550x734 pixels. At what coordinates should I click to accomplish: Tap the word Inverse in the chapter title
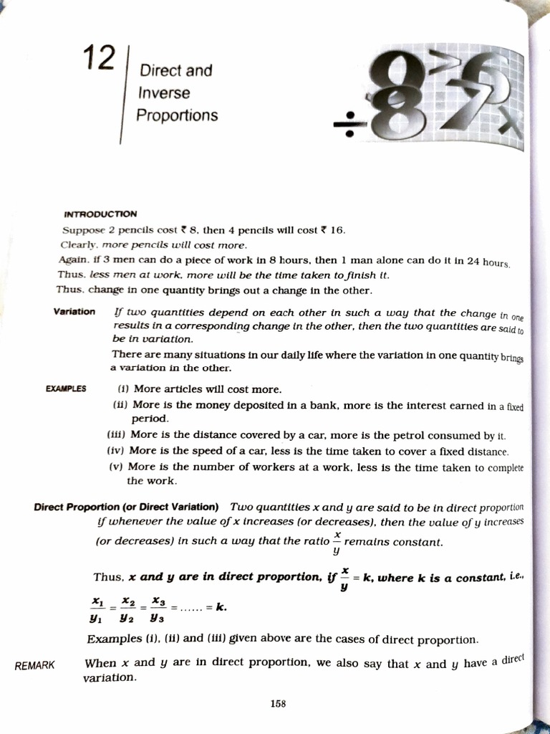164,93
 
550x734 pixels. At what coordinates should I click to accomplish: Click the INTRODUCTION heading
100,214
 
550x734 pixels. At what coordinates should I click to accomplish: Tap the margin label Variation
74,312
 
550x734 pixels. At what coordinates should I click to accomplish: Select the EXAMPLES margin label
66,389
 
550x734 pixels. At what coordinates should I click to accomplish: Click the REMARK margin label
34,665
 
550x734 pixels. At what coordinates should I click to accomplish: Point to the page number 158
278,704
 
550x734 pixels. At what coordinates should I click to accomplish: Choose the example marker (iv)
115,451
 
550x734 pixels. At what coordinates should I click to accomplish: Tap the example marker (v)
116,467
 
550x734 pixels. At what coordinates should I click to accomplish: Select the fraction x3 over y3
158,608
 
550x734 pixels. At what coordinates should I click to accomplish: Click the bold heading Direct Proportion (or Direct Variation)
127,507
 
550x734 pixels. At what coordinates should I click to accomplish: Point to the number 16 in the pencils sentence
337,230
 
